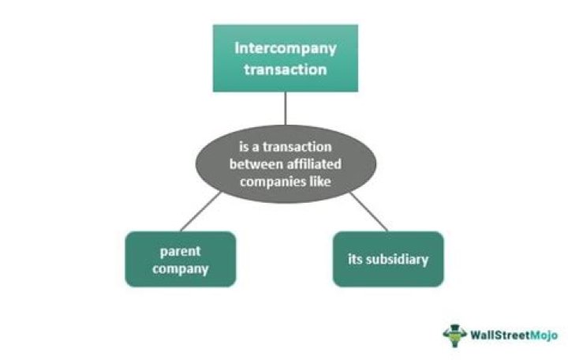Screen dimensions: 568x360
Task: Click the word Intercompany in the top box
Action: (x=285, y=47)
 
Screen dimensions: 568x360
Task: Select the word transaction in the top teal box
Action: (x=285, y=69)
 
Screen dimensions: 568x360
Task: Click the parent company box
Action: (x=181, y=258)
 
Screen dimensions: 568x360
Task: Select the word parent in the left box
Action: (x=181, y=250)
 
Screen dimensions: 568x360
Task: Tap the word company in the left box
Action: (x=181, y=268)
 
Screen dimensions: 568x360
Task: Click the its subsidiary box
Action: (x=387, y=258)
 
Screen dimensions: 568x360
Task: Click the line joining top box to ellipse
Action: (x=286, y=108)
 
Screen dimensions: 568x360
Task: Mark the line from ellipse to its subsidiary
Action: (x=368, y=212)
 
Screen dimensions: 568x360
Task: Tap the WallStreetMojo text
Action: (x=514, y=335)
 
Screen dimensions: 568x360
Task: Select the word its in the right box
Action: (x=356, y=258)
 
